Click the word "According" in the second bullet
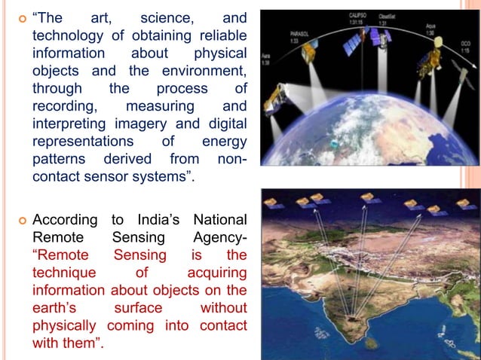click(65, 220)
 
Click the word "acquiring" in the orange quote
click(216, 272)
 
